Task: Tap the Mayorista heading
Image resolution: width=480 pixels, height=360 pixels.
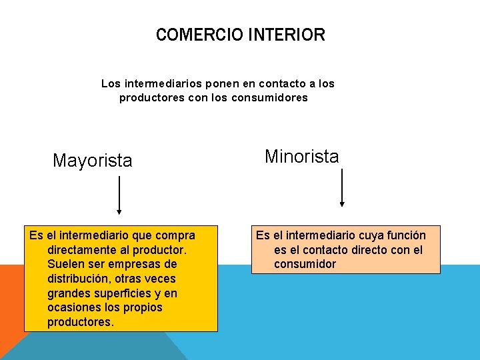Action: pyautogui.click(x=93, y=161)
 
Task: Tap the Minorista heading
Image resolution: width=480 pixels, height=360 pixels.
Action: pyautogui.click(x=301, y=157)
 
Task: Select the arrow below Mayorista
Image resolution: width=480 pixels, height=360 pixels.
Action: pyautogui.click(x=119, y=195)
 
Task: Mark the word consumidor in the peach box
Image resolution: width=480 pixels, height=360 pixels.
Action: pyautogui.click(x=305, y=265)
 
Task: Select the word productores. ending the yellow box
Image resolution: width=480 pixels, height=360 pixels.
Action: pyautogui.click(x=81, y=323)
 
